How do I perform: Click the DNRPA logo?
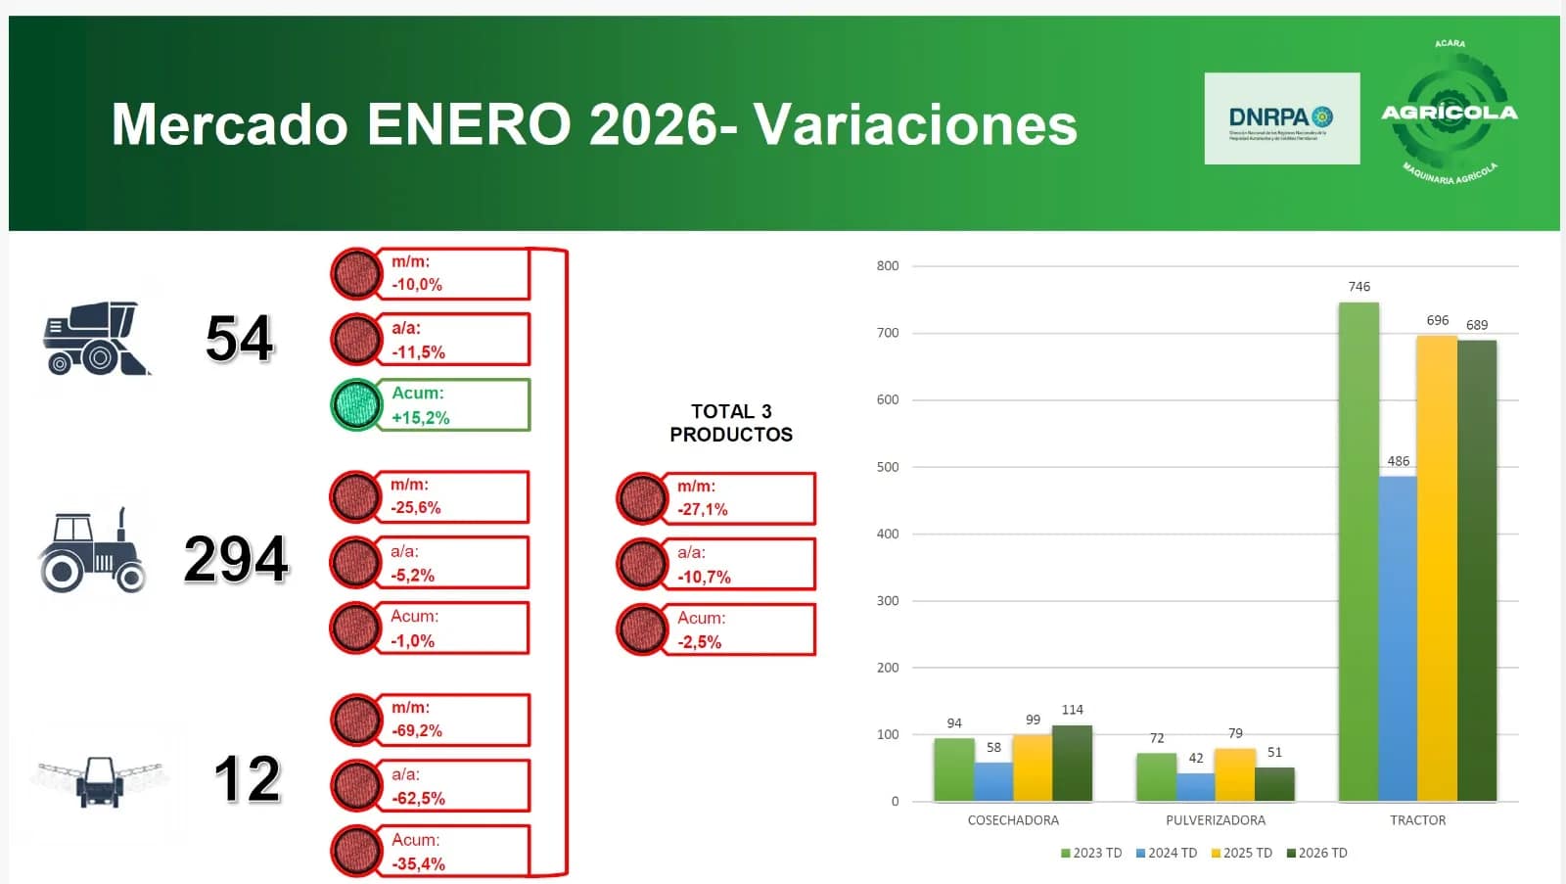tap(1281, 118)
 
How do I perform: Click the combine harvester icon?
tap(96, 339)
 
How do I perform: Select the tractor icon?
tap(92, 553)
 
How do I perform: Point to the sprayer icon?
tap(100, 780)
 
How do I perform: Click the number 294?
tap(236, 560)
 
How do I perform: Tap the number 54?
tap(240, 339)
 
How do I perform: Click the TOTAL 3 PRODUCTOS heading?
tap(731, 423)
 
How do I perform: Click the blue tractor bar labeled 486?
tap(1398, 638)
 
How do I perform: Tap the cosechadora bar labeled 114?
tap(1072, 764)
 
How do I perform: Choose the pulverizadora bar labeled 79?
tap(1235, 775)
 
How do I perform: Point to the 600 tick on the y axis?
tap(888, 399)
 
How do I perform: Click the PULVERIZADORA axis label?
tap(1216, 820)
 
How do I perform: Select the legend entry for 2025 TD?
tap(1242, 853)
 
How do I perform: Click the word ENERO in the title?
tap(469, 124)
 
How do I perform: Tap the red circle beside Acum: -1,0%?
tap(355, 628)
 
